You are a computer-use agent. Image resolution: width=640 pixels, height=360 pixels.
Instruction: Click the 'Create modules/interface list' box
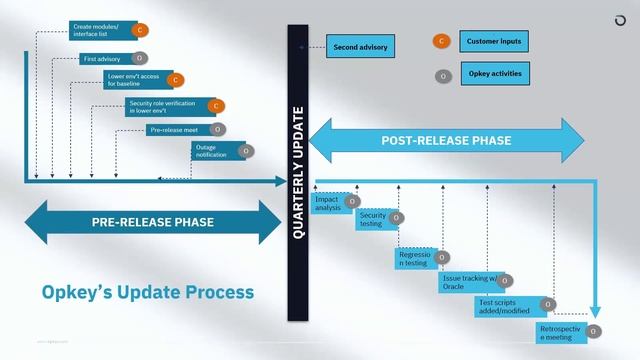[100, 29]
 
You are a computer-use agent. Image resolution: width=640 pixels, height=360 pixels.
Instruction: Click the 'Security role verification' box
[165, 105]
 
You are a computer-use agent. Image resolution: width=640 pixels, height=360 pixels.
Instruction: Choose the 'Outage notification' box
[213, 151]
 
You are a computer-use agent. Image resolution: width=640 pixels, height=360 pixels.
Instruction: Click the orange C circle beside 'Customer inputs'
[440, 42]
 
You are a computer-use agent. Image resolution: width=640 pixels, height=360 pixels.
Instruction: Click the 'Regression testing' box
[414, 258]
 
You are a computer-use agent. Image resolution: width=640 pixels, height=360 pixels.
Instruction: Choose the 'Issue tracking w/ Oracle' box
[468, 282]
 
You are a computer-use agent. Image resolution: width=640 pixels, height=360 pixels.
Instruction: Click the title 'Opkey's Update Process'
[147, 292]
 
